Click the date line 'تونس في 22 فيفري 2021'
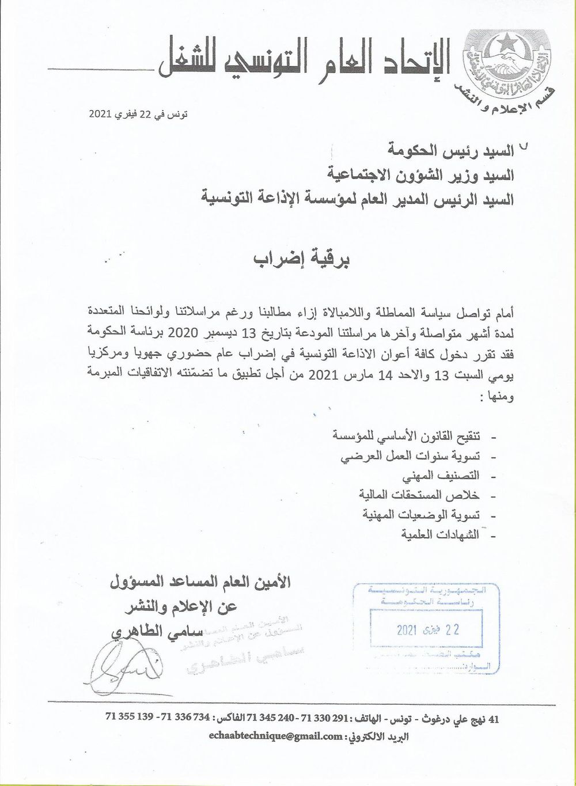(139, 115)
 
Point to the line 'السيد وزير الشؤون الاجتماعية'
(426, 174)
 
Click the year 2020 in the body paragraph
(181, 332)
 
